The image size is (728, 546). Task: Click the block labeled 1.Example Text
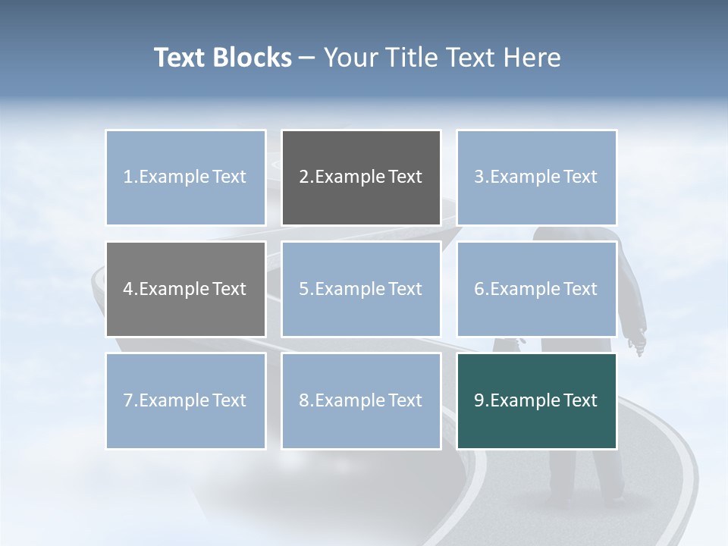tap(186, 177)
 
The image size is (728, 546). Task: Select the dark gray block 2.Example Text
tap(361, 177)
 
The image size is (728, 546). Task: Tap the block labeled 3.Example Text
tap(536, 177)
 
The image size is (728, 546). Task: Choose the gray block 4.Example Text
tap(186, 289)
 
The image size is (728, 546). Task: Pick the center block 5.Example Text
tap(361, 289)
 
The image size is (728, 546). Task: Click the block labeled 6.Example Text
tap(536, 289)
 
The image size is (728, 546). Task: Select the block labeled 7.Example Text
tap(186, 400)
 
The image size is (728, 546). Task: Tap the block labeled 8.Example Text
tap(361, 400)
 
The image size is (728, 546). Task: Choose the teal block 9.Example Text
tap(536, 400)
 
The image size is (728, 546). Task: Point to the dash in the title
tap(308, 58)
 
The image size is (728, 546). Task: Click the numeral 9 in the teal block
tap(479, 400)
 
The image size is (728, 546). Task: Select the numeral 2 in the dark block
tap(303, 177)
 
